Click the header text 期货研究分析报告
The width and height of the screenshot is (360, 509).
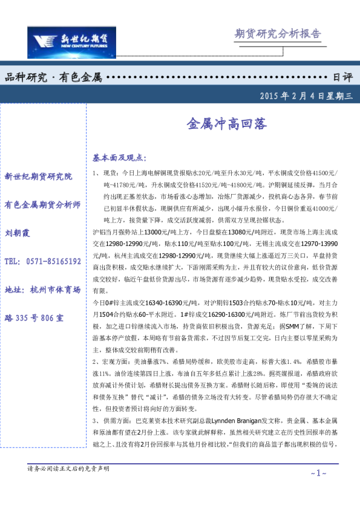click(277, 33)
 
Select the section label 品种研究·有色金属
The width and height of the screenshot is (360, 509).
click(53, 77)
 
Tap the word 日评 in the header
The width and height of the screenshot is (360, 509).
click(342, 77)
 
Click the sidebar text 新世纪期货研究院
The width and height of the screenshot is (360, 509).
click(38, 177)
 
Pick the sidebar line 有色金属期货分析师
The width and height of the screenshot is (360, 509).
click(42, 205)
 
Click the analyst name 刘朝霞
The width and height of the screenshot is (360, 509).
click(18, 233)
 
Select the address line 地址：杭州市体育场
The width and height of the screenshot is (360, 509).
click(42, 290)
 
